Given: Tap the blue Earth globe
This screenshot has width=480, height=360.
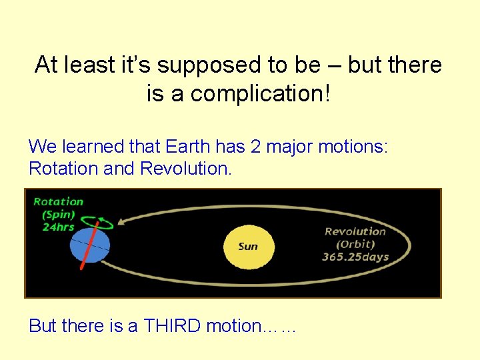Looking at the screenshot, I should click(89, 245).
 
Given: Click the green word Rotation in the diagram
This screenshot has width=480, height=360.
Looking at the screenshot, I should click(59, 201).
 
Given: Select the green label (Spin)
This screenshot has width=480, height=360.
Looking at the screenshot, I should click(59, 215).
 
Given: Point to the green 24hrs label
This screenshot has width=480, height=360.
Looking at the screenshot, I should click(58, 227).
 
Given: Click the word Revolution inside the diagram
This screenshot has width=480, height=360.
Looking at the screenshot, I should click(355, 231).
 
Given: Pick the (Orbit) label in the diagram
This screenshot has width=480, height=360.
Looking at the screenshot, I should click(355, 244).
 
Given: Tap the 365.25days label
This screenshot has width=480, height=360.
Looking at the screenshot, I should click(355, 257).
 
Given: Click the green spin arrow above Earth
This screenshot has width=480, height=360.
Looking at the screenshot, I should click(99, 223).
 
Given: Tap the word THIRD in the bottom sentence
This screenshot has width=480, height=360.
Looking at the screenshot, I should click(173, 326).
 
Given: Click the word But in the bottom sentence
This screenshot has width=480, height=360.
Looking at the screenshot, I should click(43, 326).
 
